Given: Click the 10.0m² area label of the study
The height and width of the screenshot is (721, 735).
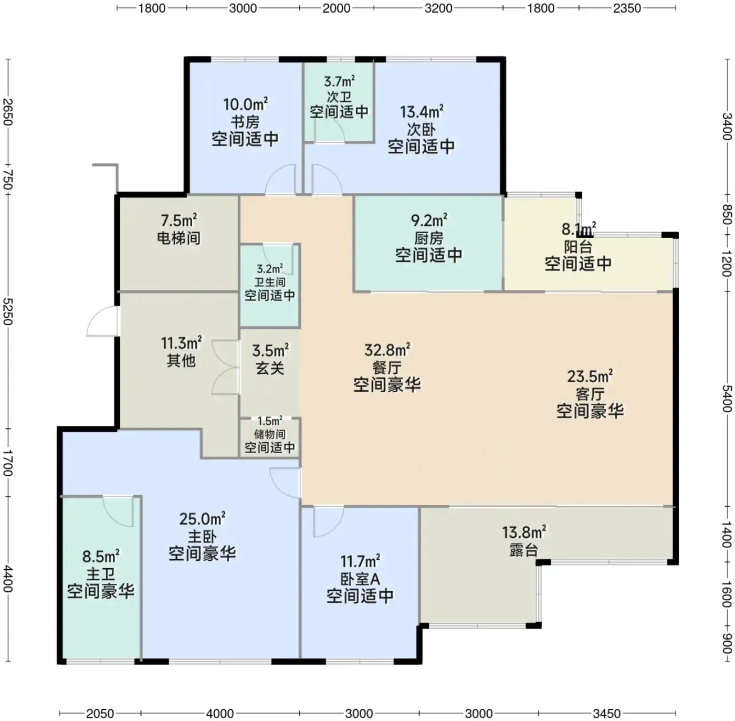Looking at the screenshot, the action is (x=245, y=104).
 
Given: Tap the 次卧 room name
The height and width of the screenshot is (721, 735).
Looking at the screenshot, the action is (x=421, y=130).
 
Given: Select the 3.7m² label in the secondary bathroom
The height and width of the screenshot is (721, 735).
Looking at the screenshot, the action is (x=339, y=81).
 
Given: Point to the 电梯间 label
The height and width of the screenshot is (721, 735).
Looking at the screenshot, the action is (x=179, y=238).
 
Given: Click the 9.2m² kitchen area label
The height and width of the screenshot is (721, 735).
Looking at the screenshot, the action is (x=429, y=220).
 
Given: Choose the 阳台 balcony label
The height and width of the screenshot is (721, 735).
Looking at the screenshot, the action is (x=578, y=247).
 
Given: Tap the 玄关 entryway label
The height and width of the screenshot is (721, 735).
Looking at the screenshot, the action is (x=270, y=368).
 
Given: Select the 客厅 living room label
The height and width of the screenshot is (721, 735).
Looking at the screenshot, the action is (x=590, y=394).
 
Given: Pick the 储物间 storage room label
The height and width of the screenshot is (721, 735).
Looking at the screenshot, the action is (x=270, y=434).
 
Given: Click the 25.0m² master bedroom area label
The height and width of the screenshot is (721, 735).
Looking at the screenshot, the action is (x=202, y=519).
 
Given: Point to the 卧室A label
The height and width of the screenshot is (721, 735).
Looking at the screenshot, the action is (x=360, y=579).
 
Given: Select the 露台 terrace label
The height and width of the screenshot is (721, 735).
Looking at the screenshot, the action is (x=524, y=550).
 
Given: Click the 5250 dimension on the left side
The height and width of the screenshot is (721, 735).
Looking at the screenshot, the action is (x=8, y=311).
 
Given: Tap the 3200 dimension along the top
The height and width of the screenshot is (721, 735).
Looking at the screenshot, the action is (x=438, y=8).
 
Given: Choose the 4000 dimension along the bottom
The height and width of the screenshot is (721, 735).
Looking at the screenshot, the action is (x=219, y=713).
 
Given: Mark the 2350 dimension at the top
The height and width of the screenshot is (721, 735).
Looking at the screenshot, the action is (x=627, y=8).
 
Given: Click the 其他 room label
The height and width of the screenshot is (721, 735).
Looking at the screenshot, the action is (x=181, y=360).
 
